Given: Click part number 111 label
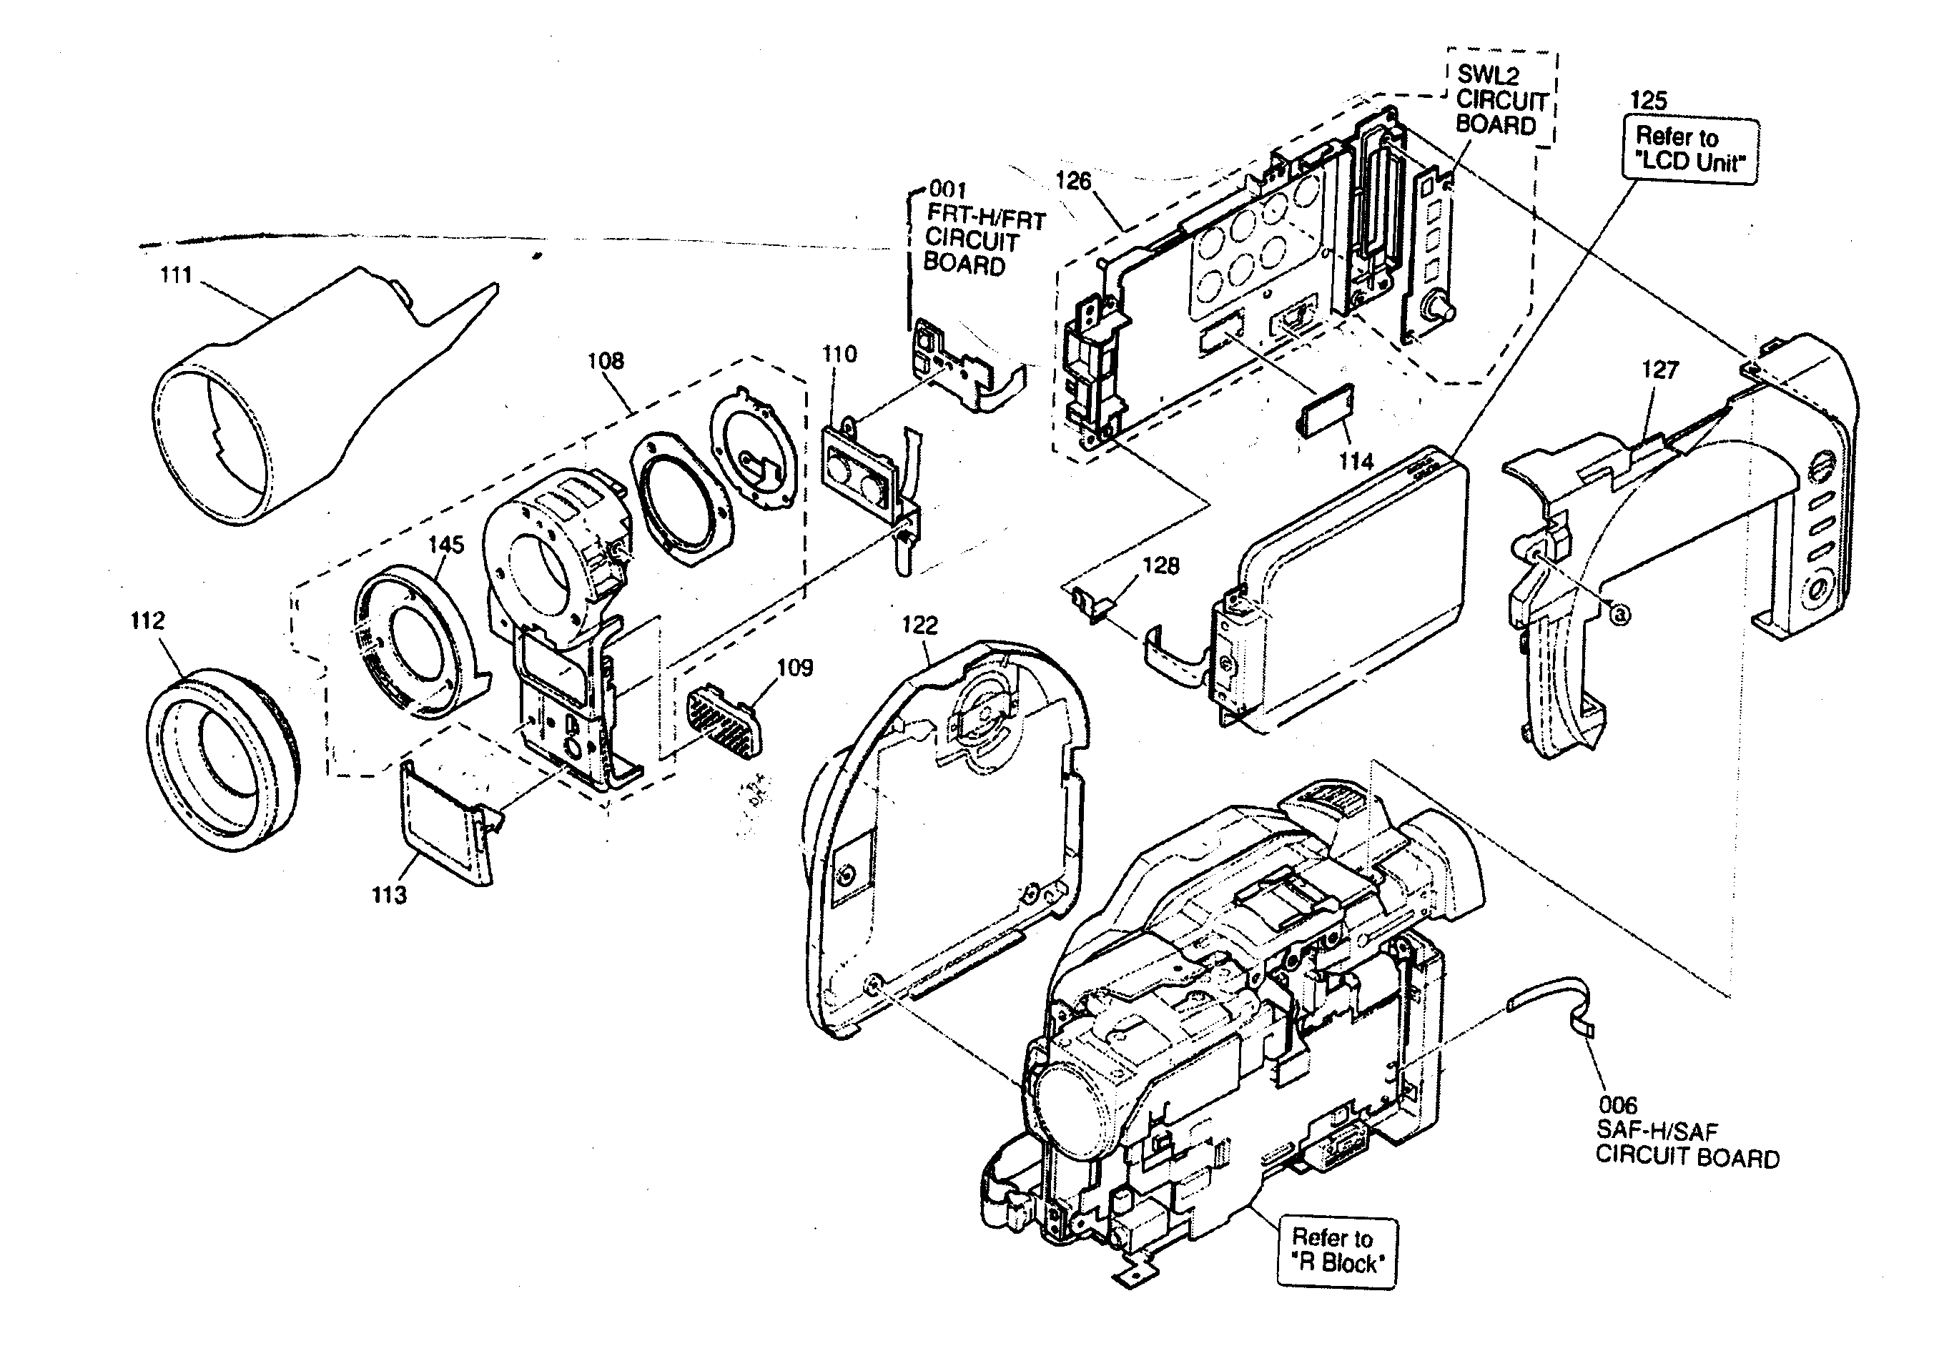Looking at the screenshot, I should click(x=176, y=275).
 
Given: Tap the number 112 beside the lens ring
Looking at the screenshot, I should click(x=147, y=620).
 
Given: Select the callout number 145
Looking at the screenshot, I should click(x=445, y=545).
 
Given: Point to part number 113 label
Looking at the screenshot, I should click(x=389, y=894).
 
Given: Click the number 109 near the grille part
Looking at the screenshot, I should click(x=794, y=668).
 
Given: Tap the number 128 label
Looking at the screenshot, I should click(x=1160, y=566).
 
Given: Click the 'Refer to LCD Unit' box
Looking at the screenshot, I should click(x=1689, y=150).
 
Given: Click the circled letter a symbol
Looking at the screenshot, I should click(x=1619, y=615).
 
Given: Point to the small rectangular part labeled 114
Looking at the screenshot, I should click(x=1325, y=410).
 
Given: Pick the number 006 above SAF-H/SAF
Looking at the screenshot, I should click(x=1617, y=1105).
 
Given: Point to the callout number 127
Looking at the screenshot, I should click(x=1659, y=370).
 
